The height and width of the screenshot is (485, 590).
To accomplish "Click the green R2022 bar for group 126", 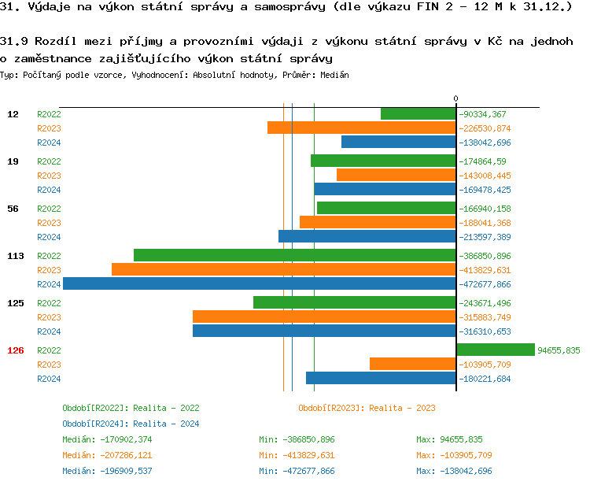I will [x=496, y=350].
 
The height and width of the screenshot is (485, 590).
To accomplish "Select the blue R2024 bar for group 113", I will [x=260, y=284].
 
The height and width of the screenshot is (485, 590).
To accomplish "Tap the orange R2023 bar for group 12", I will [x=362, y=128].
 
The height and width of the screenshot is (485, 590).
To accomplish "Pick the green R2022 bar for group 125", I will [x=355, y=303].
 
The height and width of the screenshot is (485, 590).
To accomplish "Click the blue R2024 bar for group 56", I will [x=367, y=237].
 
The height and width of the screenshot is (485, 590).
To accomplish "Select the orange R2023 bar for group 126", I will [x=413, y=365].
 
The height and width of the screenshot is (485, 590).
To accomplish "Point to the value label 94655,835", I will [x=559, y=350].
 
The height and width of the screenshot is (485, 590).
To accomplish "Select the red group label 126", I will [x=16, y=350].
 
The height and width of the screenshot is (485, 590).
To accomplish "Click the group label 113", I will [x=16, y=256].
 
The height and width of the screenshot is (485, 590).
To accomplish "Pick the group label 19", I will [x=13, y=161].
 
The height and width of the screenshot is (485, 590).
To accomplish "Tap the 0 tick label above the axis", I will [x=455, y=98].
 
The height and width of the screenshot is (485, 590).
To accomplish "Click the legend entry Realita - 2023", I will [x=367, y=408].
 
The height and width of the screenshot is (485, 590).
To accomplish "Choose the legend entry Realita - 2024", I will [x=131, y=424].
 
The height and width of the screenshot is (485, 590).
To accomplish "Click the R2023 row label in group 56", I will [x=49, y=223].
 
